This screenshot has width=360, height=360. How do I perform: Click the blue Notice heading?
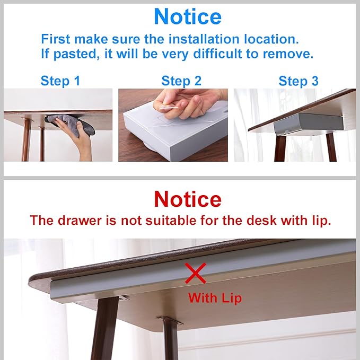(x=188, y=17)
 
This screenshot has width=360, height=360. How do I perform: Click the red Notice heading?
(x=188, y=199)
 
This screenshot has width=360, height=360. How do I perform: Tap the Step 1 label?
(x=60, y=81)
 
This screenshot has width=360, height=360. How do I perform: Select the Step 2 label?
(x=181, y=81)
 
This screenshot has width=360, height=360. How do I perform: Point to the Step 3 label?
(x=298, y=81)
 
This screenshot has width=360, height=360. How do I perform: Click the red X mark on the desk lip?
(x=195, y=274)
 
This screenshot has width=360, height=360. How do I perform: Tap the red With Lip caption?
(x=215, y=298)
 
